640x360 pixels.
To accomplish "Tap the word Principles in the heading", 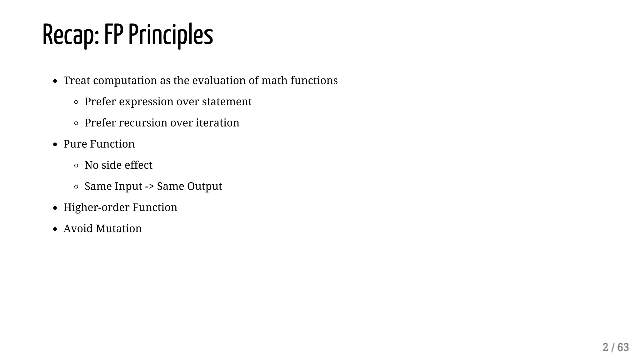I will pos(171,35).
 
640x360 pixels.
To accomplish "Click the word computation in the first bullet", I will pos(125,81).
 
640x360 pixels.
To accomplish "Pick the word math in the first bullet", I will pos(274,80).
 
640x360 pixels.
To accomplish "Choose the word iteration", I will pos(217,123).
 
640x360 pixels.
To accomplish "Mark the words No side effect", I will pos(118,165).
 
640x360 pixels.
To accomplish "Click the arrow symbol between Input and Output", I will pos(149,187).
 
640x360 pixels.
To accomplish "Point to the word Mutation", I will pos(119,229).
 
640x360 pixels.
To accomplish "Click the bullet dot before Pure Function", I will pos(55,145).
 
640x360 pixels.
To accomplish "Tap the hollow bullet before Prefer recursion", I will pos(76,123).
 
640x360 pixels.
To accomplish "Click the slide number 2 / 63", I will pos(616,347).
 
